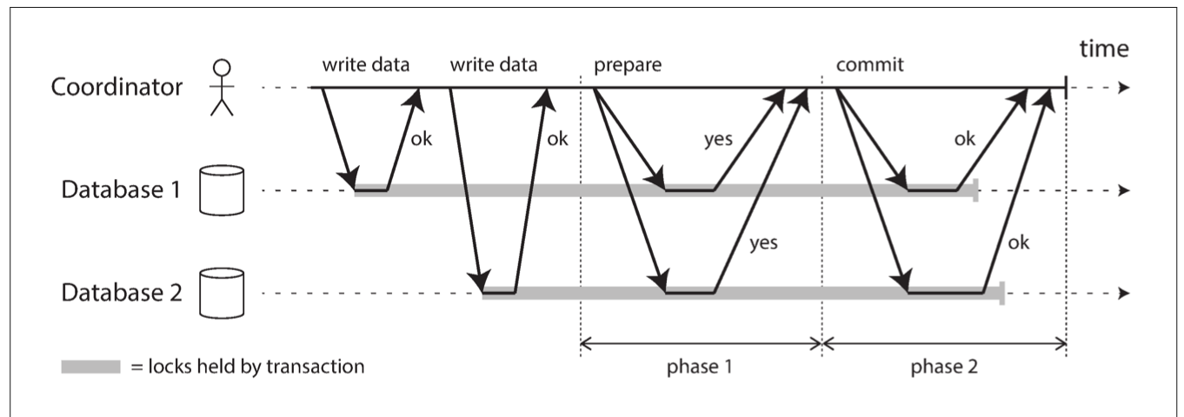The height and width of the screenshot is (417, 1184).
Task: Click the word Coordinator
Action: pos(116,87)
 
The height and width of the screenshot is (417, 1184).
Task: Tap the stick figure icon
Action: pos(222,88)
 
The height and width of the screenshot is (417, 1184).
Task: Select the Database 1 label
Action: pos(121,189)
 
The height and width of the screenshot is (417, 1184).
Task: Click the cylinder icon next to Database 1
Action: pos(222,190)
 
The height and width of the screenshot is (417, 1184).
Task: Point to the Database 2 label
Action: pos(122,292)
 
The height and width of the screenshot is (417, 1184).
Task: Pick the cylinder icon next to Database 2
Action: pos(222,294)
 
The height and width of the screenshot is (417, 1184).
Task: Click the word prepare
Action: pos(628,65)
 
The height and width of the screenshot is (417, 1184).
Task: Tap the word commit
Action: pos(869,64)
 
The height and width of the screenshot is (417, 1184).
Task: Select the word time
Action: pos(1104,49)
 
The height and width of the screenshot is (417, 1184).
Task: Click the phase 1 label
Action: pos(699,367)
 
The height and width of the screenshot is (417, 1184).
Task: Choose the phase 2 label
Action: pos(943,367)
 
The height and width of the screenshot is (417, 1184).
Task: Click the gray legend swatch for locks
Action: pos(91,367)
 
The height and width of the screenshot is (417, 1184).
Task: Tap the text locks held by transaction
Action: pos(256,367)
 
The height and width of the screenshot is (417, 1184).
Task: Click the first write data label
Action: pos(366,64)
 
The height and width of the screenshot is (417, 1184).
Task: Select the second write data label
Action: pos(494,64)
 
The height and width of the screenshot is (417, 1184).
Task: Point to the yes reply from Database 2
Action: pos(763,243)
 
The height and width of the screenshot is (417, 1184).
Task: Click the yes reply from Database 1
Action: pos(718,140)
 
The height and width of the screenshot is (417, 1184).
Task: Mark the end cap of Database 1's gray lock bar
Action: pos(975,190)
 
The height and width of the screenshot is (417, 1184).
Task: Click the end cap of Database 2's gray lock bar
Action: pos(1001,294)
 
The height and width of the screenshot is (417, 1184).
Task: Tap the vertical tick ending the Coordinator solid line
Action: pos(1066,87)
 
